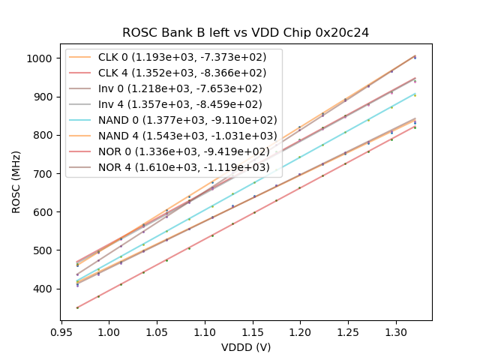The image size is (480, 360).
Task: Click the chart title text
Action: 246,32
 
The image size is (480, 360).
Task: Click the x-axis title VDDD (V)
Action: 246,347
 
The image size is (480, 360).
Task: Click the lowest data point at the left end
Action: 77,307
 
